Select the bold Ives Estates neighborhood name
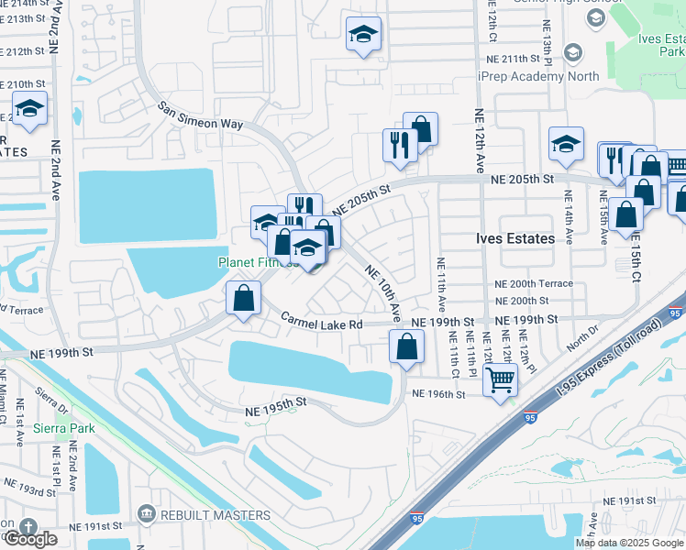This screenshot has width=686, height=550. (515, 238)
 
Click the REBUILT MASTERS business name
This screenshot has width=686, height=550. (216, 516)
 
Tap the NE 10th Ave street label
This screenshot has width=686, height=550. (383, 292)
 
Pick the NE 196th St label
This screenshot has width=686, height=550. (439, 394)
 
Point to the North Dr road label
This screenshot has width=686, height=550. (581, 344)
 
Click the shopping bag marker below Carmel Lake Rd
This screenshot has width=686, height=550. (406, 346)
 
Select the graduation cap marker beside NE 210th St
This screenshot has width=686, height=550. (29, 109)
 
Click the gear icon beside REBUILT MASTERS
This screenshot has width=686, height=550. (146, 516)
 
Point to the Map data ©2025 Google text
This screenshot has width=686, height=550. (629, 543)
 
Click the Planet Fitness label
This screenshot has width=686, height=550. (250, 262)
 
